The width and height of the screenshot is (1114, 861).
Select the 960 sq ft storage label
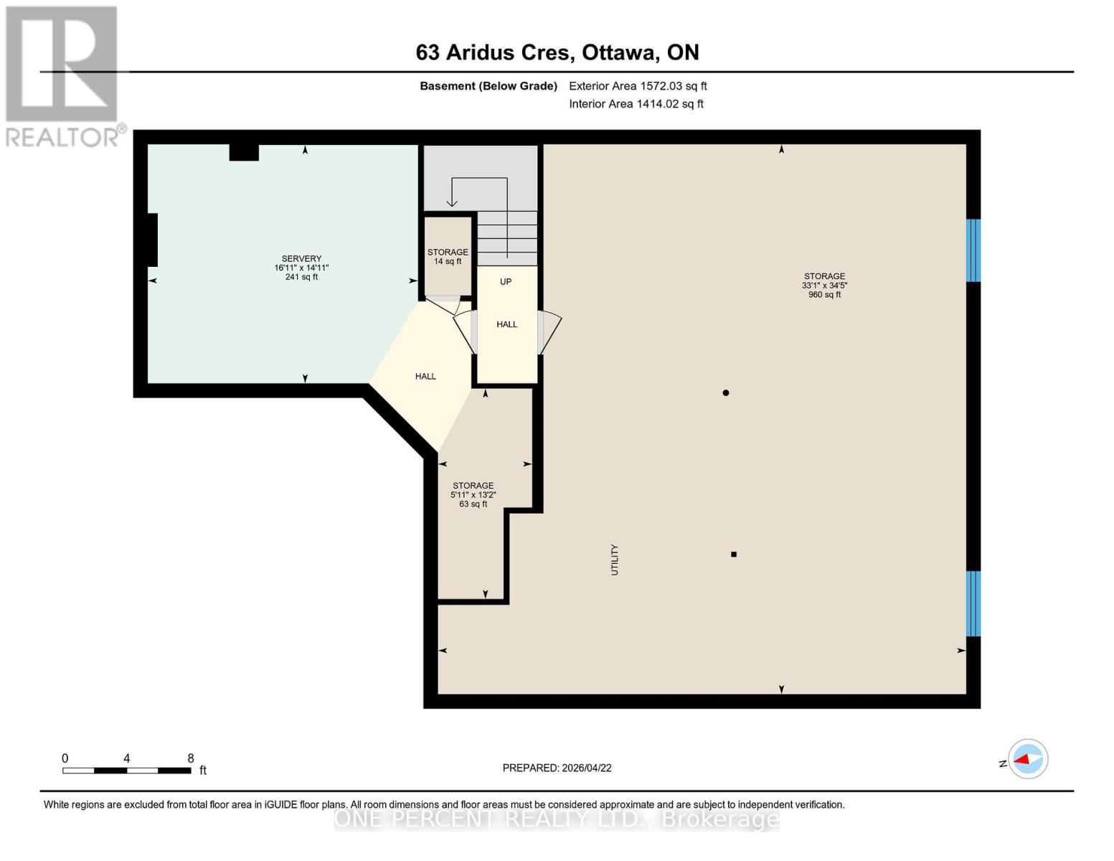tap(824, 285)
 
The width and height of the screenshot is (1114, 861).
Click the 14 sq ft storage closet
tap(448, 256)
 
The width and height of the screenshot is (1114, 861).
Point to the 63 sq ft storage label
tap(473, 494)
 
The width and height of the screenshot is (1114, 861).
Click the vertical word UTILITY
tap(615, 560)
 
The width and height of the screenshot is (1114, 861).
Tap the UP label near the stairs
tap(506, 282)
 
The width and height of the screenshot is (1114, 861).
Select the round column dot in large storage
tap(726, 392)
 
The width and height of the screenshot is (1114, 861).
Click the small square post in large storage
tap(734, 554)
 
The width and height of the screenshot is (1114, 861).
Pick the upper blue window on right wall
tap(973, 250)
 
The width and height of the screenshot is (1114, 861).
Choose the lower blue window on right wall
tap(973, 603)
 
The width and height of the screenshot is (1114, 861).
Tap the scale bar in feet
tap(127, 770)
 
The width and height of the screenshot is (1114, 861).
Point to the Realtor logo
tap(62, 75)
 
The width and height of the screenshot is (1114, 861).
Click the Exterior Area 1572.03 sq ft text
tap(638, 86)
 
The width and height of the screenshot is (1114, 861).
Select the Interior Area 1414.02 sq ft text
tap(636, 104)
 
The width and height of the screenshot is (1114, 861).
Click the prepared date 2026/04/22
tap(557, 768)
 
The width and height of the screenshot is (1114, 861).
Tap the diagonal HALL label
tap(425, 376)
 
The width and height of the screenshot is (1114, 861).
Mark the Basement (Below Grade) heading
tap(488, 86)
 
